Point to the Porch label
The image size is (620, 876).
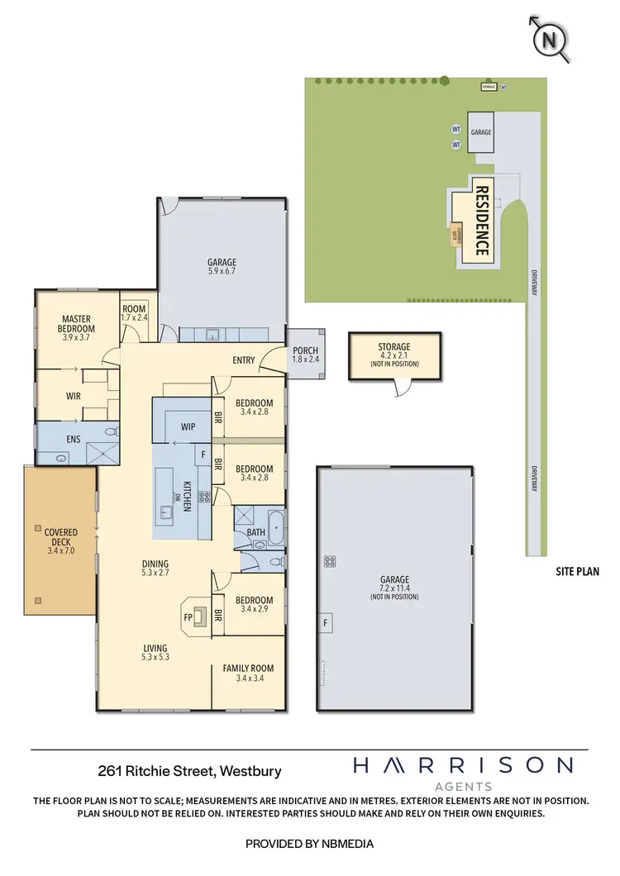pyautogui.click(x=305, y=355)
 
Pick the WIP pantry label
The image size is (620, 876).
pyautogui.click(x=188, y=426)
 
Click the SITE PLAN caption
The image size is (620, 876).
pyautogui.click(x=576, y=571)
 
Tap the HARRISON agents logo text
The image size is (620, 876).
pyautogui.click(x=463, y=766)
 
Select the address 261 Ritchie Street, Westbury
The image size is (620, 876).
pyautogui.click(x=189, y=771)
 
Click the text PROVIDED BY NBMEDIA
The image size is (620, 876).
pyautogui.click(x=309, y=844)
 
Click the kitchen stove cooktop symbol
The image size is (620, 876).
pyautogui.click(x=203, y=498)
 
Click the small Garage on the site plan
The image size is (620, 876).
pyautogui.click(x=481, y=132)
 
